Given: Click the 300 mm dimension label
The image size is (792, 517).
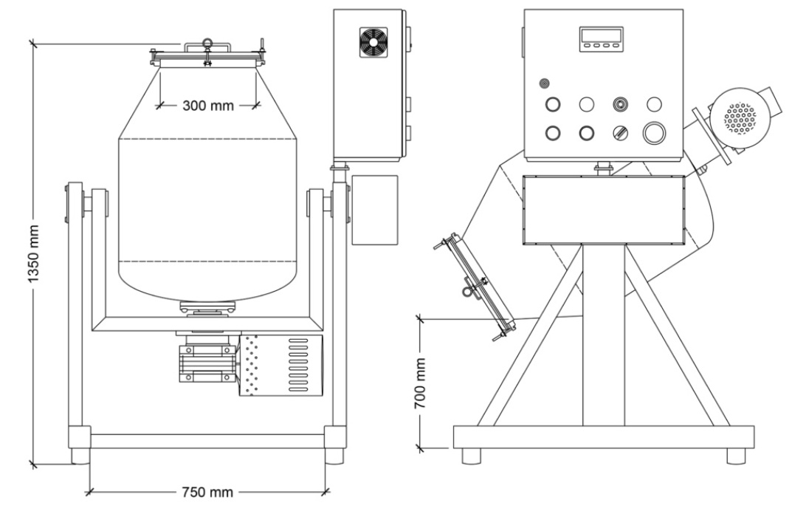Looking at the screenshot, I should click(207, 105).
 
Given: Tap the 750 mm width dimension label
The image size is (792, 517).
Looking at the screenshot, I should click(207, 492).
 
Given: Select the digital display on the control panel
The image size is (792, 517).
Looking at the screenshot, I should click(601, 37).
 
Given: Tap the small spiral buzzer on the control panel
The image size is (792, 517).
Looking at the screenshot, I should click(545, 83).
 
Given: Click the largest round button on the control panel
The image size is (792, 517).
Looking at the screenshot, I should click(654, 133).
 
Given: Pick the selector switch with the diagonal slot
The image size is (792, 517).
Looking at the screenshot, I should click(621, 133).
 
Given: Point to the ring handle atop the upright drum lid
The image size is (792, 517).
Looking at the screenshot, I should click(208, 42).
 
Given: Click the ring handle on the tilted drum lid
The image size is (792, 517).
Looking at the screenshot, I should click(466, 292).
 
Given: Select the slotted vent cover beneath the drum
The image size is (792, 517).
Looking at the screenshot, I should click(282, 364).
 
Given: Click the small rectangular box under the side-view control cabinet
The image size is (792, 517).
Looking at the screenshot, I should click(374, 209).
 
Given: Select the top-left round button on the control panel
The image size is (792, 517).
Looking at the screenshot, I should click(552, 104).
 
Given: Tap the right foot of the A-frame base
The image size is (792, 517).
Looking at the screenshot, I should click(736, 456).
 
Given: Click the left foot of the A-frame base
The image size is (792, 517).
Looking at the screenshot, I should click(472, 456).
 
